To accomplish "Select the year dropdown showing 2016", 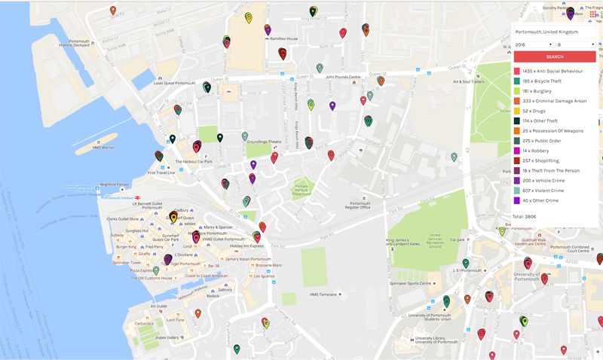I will point(532,45).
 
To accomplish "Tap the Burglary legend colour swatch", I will point(517,90).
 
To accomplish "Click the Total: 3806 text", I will point(528,217).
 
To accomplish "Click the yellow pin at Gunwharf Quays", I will point(173,218).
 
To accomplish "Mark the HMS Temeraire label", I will point(323,294).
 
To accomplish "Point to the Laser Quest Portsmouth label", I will point(176,83).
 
